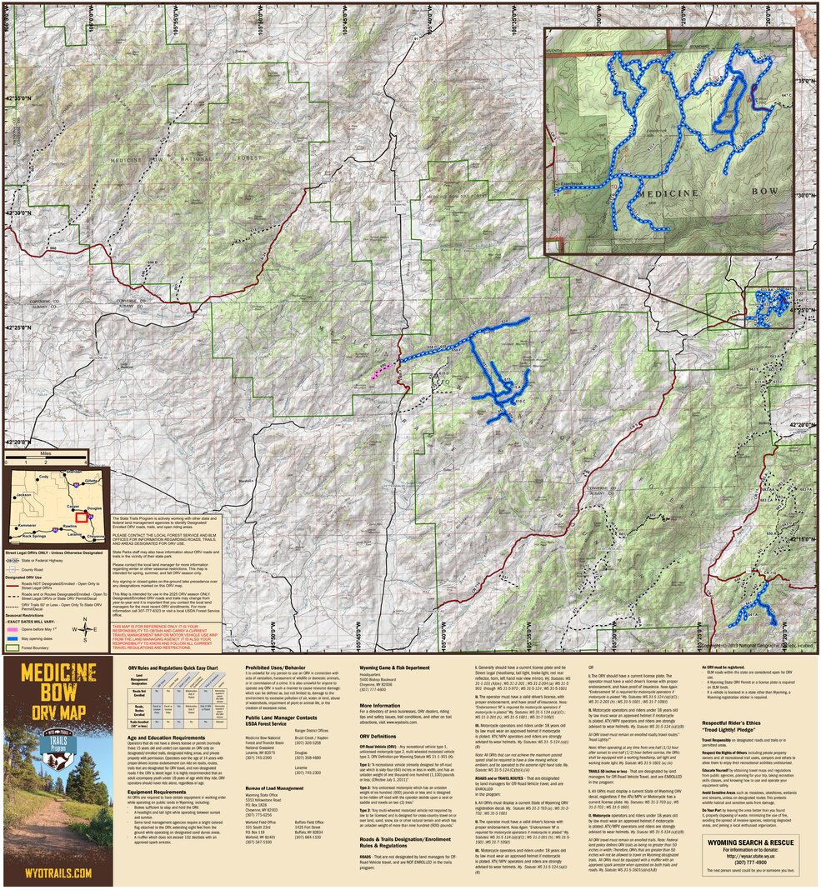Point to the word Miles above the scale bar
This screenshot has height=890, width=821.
coord(44,455)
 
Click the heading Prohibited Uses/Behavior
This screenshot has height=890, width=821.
coord(277,667)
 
